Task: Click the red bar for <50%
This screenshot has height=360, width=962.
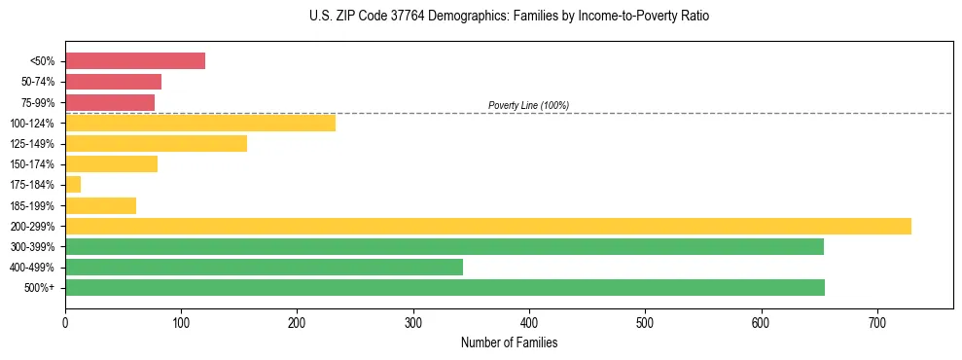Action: [x=135, y=61]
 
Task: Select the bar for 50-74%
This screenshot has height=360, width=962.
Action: [x=113, y=82]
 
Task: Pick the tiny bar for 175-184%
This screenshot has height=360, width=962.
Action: [x=73, y=185]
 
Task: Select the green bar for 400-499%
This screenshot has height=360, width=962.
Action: [x=264, y=267]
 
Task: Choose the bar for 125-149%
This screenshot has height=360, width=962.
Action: [x=156, y=144]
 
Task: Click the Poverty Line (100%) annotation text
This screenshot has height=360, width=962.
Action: [x=528, y=105]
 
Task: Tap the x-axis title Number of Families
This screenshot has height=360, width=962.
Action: [x=509, y=342]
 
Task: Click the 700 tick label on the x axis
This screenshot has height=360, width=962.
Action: [x=877, y=322]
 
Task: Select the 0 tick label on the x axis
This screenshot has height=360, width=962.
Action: [x=65, y=322]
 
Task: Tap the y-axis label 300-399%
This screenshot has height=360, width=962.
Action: [x=33, y=247]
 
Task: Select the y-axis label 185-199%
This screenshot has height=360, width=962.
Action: [x=33, y=206]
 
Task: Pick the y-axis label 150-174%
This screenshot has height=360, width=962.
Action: [x=33, y=164]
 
